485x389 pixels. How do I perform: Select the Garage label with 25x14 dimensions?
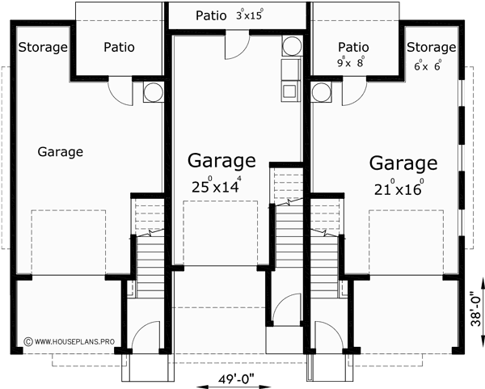coord(221,161)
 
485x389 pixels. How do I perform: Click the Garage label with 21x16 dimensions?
coord(404,163)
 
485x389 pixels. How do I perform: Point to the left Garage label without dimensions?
coord(61,150)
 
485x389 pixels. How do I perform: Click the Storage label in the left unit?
coord(43,48)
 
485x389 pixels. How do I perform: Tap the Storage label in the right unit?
coord(432,48)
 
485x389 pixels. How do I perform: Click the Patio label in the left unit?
coord(119,48)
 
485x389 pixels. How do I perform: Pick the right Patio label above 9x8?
coord(353,48)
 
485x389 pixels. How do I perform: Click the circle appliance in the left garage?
coord(153,92)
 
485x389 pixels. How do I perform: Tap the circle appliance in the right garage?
coord(321,91)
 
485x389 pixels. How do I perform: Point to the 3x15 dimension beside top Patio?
coord(250,15)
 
